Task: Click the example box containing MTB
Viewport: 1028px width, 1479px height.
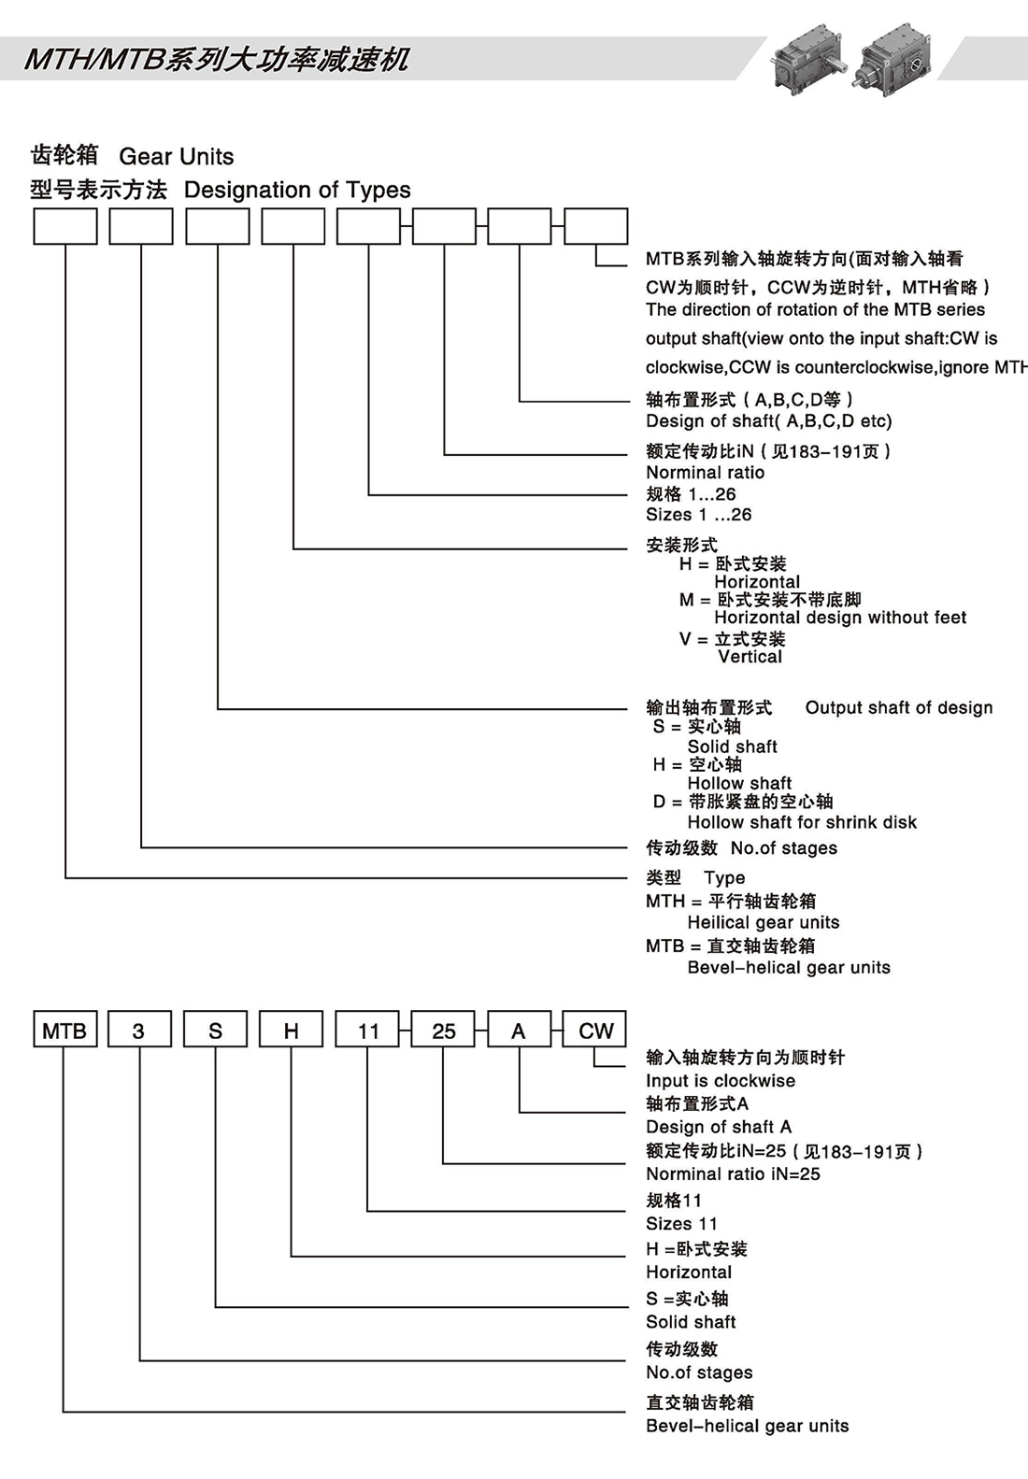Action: tap(64, 1030)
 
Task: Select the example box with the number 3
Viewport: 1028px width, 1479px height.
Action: tap(139, 1030)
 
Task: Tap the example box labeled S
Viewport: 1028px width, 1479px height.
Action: tap(215, 1030)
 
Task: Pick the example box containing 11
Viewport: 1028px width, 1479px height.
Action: tap(367, 1030)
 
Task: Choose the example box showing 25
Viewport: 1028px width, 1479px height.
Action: tap(444, 1030)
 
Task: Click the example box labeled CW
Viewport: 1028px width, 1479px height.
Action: tap(595, 1030)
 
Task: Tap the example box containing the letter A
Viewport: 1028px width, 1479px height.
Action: tap(519, 1030)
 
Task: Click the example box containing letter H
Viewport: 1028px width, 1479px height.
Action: tap(291, 1030)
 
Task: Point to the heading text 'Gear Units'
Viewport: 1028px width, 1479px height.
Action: tap(176, 156)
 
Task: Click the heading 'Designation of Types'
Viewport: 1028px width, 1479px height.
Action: tap(297, 190)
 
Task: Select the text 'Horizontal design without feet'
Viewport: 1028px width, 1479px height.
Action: tap(840, 618)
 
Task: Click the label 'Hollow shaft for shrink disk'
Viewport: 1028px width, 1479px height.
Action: tap(802, 822)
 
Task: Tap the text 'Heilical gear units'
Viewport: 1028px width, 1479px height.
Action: tap(764, 922)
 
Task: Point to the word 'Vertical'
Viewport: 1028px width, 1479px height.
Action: tap(750, 657)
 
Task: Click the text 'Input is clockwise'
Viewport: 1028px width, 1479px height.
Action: tap(721, 1081)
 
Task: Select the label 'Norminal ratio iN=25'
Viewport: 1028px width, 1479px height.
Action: tap(733, 1174)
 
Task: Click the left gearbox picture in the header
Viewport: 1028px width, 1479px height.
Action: tap(807, 59)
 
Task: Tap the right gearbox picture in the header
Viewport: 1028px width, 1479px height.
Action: tap(896, 59)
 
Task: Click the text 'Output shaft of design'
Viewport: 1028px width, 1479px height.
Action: tap(899, 708)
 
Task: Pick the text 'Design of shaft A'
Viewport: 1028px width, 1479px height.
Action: tap(719, 1128)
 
